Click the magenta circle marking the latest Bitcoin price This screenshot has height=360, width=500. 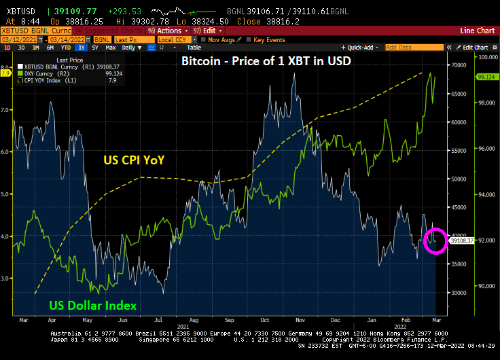click(x=435, y=241)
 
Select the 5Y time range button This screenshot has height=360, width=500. click(x=95, y=48)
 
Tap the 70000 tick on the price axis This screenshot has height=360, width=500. click(x=461, y=65)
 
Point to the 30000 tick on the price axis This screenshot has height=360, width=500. click(x=461, y=292)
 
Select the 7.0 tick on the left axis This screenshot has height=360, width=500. click(x=7, y=109)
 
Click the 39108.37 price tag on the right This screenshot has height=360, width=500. click(x=462, y=240)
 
